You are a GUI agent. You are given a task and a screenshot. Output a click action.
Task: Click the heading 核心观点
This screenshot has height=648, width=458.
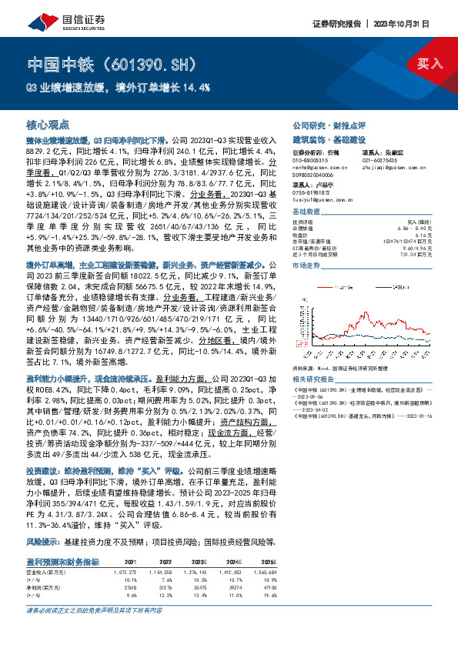pyautogui.click(x=48, y=123)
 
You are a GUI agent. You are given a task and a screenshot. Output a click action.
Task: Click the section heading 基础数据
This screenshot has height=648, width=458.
pyautogui.click(x=307, y=211)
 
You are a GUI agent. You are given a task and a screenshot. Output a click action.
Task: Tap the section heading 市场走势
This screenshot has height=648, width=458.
pyautogui.click(x=307, y=265)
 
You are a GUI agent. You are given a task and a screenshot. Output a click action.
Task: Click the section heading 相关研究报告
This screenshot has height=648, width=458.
pyautogui.click(x=313, y=379)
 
